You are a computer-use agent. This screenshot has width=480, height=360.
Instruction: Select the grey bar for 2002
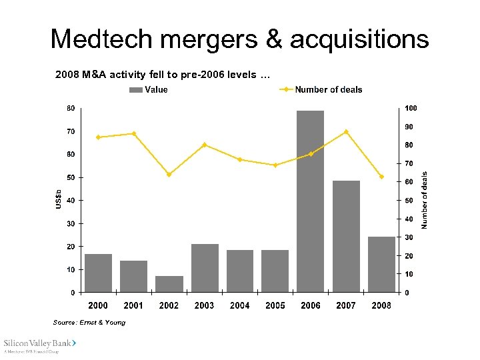coord(169,284)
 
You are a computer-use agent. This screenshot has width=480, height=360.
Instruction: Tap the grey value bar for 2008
coord(381,264)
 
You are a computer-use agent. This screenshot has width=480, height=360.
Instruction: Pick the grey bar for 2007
coord(346,236)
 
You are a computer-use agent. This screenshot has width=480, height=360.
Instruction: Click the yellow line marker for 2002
coord(169,175)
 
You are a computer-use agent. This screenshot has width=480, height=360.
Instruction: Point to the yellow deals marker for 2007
coord(346,132)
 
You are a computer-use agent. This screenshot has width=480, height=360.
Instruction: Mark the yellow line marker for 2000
coord(98,137)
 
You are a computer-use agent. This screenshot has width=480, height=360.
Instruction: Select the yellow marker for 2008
coord(381,177)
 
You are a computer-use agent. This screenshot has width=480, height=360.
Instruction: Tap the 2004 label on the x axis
coord(240,305)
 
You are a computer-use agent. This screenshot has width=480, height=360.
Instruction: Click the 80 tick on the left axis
coord(71,108)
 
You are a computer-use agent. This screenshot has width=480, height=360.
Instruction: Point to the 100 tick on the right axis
coord(411,108)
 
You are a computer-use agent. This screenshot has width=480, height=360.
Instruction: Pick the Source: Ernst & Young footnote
coord(89,323)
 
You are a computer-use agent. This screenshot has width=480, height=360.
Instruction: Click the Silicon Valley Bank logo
coord(41,344)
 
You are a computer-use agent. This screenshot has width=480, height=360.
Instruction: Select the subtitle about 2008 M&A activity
coord(163,75)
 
